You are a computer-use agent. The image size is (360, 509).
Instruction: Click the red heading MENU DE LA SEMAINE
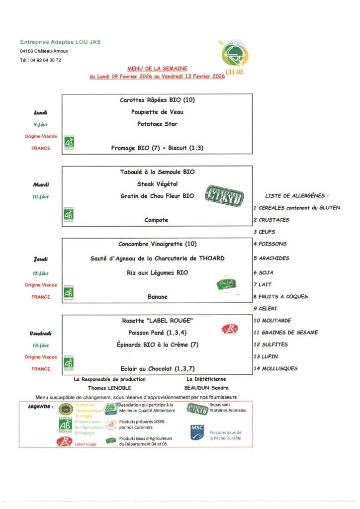[x=158, y=70]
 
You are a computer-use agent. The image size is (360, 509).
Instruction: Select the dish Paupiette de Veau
[x=157, y=112]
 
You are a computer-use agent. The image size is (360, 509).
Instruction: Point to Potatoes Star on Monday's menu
[x=157, y=124]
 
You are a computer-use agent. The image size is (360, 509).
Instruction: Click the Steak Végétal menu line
[x=157, y=184]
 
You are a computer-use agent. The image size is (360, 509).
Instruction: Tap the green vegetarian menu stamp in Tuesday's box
[x=224, y=196]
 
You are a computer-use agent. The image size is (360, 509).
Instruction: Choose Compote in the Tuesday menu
[x=157, y=220]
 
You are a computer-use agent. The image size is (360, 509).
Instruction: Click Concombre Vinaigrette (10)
[x=157, y=244]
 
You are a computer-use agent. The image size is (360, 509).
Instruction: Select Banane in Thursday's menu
[x=157, y=297]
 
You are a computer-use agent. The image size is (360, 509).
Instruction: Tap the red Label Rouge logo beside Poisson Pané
[x=230, y=329]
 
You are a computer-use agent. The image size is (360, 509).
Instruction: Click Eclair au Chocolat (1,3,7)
[x=157, y=368]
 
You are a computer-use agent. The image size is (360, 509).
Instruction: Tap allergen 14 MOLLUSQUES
[x=275, y=368]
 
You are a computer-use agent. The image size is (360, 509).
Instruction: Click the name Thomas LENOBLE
[x=109, y=387]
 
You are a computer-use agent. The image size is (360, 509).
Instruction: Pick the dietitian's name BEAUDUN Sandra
[x=206, y=387]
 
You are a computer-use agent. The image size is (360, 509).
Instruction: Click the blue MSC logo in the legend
[x=197, y=431]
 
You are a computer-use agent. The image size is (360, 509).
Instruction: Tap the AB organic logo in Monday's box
[x=69, y=143]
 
